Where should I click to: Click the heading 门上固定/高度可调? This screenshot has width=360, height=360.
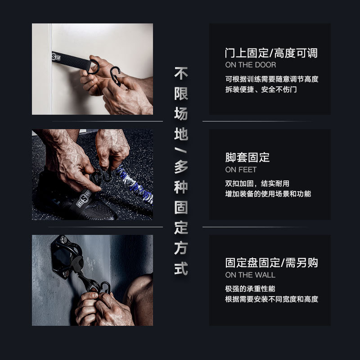[271, 54]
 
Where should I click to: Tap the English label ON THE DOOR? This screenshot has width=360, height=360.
[251, 65]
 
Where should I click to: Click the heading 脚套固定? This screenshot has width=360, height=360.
[247, 157]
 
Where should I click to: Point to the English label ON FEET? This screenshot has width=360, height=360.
[241, 170]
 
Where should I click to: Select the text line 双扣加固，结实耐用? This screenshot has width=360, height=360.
[257, 184]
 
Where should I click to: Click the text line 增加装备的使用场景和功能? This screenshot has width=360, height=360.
[268, 194]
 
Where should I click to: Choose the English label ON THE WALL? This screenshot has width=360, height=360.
[250, 274]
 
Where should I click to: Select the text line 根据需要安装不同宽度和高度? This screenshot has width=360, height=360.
[271, 299]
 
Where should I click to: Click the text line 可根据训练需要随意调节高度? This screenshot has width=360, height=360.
[271, 79]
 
